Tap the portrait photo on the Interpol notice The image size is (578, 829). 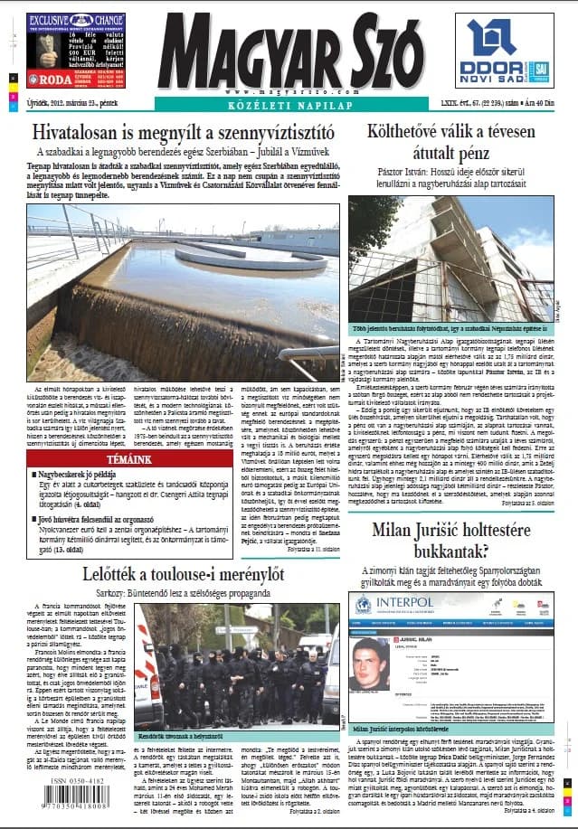[x=368, y=665]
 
